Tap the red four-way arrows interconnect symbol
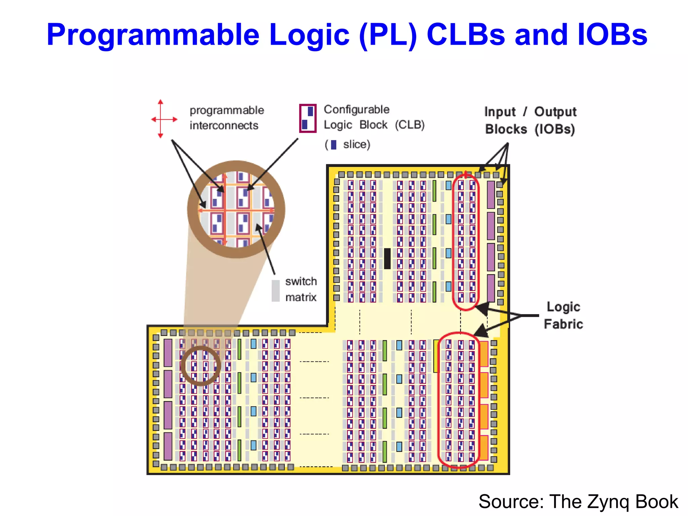[x=161, y=119]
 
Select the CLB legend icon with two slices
[x=308, y=118]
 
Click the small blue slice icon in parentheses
[x=333, y=145]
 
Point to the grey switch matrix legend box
[x=275, y=291]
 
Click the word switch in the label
[x=301, y=282]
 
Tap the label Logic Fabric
[x=563, y=315]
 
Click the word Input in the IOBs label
[x=500, y=112]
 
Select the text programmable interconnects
[x=227, y=118]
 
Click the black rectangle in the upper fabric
[x=387, y=258]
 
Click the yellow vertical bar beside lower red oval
[x=436, y=356]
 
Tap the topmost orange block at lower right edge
[x=484, y=354]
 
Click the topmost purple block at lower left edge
[x=168, y=353]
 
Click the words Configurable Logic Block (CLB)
[x=374, y=117]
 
